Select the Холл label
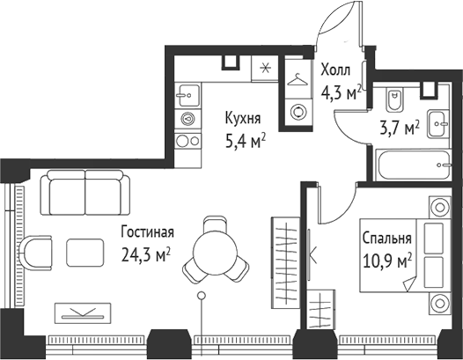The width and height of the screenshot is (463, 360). (x=336, y=69)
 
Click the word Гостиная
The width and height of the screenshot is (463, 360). (x=147, y=232)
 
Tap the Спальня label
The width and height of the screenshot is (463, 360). (x=386, y=238)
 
